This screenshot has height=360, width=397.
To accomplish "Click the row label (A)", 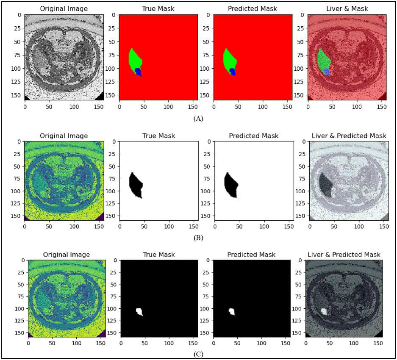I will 198,119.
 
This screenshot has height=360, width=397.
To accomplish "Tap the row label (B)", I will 198,238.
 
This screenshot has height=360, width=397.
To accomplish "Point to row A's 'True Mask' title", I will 158,8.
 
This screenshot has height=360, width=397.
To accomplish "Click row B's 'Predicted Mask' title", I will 253,136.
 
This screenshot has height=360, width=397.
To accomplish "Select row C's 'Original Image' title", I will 67,255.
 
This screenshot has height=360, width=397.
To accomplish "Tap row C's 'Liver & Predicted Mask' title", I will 346,255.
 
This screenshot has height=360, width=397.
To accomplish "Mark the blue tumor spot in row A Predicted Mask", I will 232,71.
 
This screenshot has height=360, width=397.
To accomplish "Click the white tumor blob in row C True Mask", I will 139,312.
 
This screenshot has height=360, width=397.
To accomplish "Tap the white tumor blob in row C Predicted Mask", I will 232,312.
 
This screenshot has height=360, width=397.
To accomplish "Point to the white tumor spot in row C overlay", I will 324,312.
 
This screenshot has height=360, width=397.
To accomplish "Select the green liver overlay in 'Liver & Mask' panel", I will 323,59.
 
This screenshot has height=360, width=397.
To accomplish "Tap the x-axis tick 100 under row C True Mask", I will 169,341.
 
